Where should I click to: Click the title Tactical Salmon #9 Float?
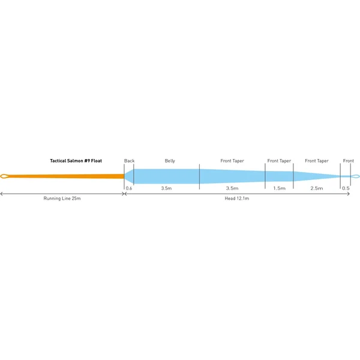76,161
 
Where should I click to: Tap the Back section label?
129,161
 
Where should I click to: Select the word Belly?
170,161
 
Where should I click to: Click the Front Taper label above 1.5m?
279,161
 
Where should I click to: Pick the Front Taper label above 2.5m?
317,161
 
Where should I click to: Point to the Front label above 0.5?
348,161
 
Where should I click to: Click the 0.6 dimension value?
129,188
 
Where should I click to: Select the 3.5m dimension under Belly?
166,188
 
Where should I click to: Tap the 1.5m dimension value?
279,188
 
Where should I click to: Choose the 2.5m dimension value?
317,188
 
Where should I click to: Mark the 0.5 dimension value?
346,188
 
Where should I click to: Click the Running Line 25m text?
62,199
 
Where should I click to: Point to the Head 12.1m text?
237,199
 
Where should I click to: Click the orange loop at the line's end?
1,176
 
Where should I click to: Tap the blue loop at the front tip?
359,176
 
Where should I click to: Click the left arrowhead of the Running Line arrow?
1,194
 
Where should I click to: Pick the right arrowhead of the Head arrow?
348,194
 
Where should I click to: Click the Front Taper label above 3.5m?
232,161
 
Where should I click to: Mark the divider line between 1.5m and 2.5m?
293,176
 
